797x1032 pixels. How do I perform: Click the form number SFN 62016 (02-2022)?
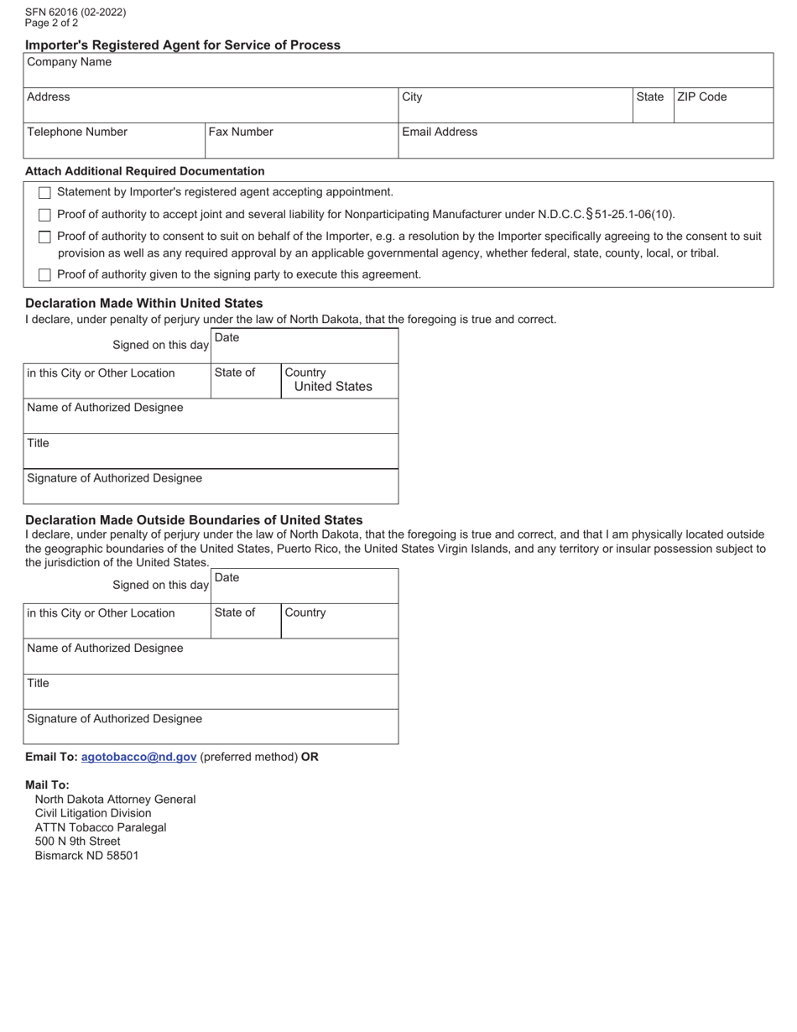coord(76,13)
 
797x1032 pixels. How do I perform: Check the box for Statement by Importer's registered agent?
coord(45,193)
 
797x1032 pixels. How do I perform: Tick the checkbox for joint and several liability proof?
coord(45,215)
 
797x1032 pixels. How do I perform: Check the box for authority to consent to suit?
coord(45,237)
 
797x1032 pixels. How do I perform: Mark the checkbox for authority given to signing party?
coord(45,274)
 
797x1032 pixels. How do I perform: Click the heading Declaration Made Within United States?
coord(144,303)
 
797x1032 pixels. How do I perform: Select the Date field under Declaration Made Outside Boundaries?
coord(304,586)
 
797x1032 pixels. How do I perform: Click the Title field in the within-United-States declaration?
coord(211,451)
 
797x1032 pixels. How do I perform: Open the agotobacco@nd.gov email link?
coord(139,757)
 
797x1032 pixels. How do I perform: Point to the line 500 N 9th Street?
coord(77,842)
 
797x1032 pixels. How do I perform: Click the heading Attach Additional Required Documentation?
coord(144,171)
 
